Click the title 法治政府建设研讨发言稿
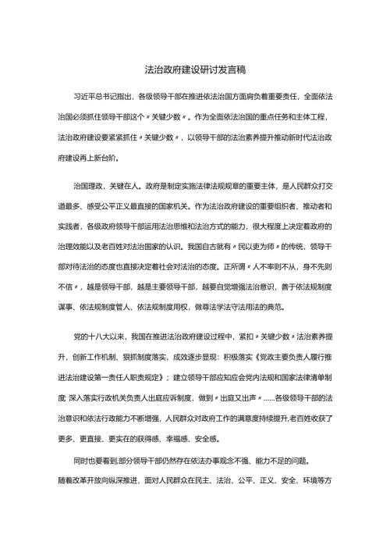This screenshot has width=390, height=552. [x=195, y=69]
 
